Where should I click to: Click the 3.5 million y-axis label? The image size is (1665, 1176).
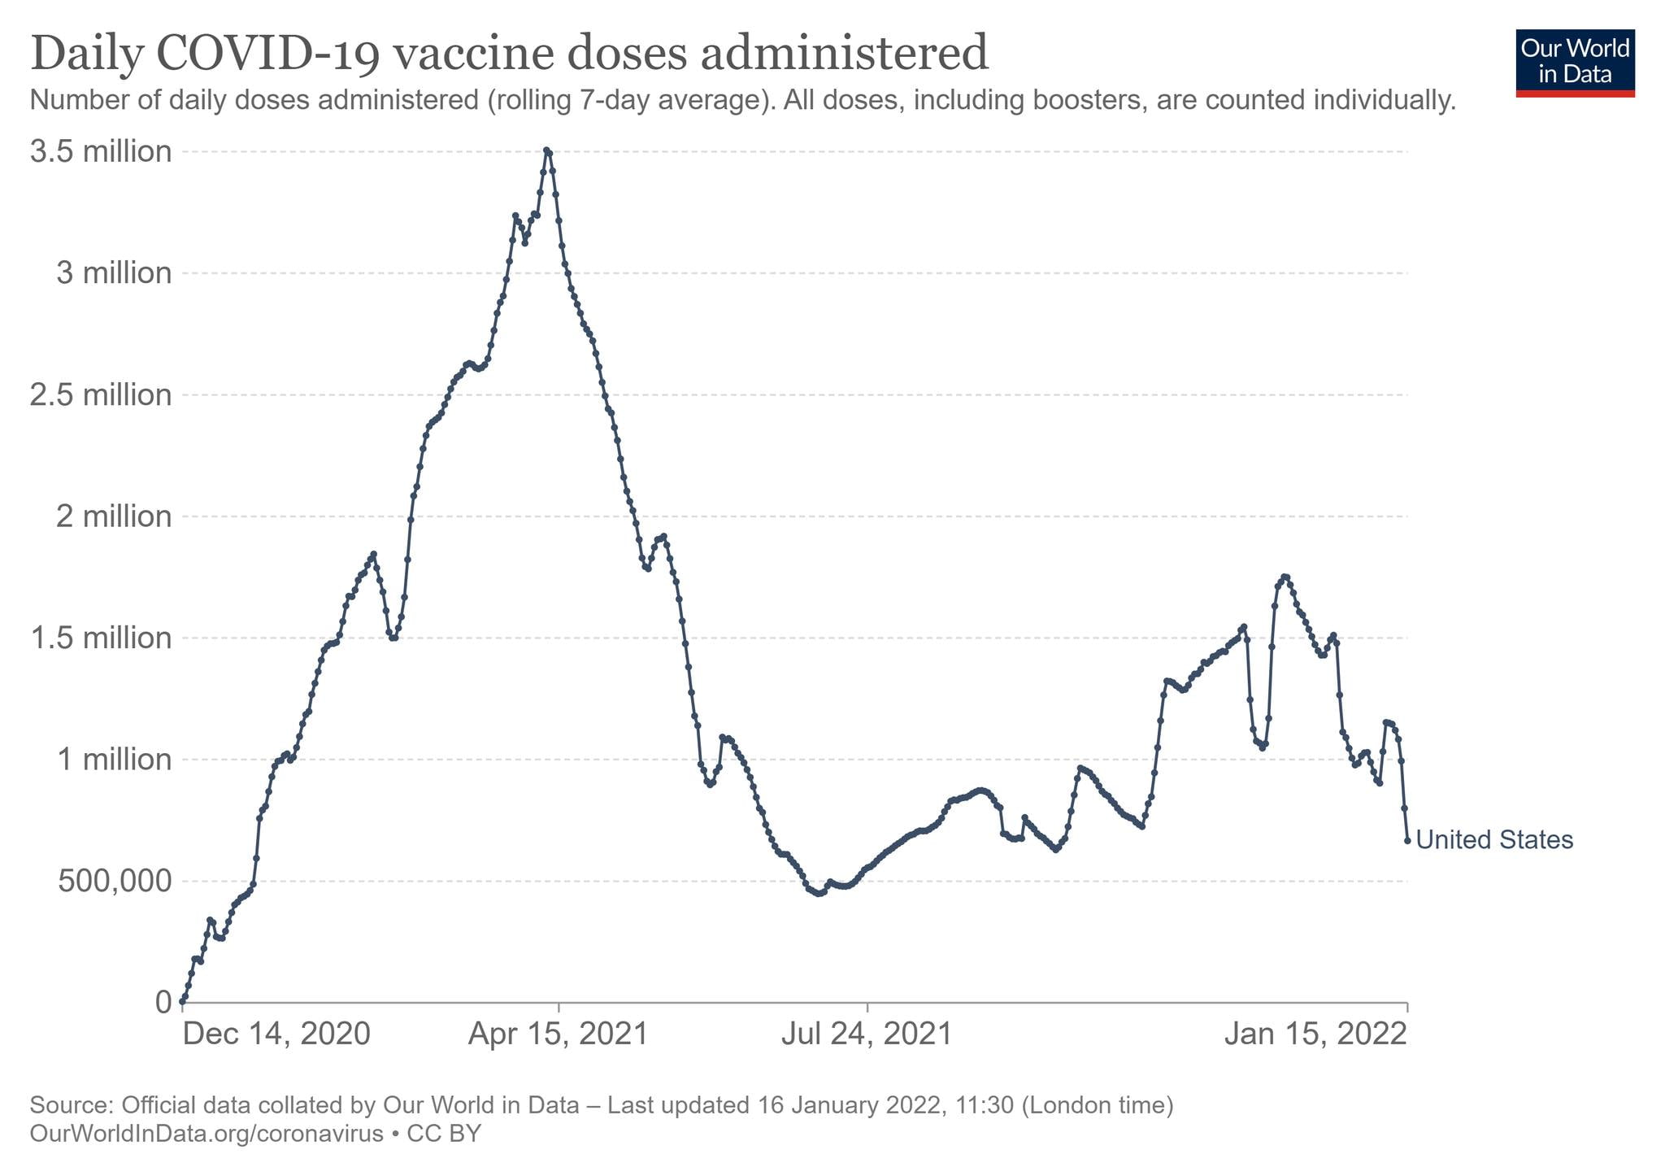pyautogui.click(x=102, y=152)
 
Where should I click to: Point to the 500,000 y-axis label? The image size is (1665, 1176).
pyautogui.click(x=115, y=881)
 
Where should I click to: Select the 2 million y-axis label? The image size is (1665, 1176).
pyautogui.click(x=115, y=516)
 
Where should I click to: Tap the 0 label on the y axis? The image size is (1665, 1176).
pyautogui.click(x=163, y=1002)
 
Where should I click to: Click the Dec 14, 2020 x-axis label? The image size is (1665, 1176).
pyautogui.click(x=276, y=1034)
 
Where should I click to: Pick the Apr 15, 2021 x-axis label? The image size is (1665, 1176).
pyautogui.click(x=559, y=1034)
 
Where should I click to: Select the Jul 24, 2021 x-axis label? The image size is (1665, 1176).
pyautogui.click(x=867, y=1034)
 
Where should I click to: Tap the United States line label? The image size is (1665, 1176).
pyautogui.click(x=1494, y=840)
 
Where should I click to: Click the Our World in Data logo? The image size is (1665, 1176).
pyautogui.click(x=1575, y=63)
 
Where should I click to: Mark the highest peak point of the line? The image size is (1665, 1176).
pyautogui.click(x=546, y=150)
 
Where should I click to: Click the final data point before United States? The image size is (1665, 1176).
pyautogui.click(x=1407, y=840)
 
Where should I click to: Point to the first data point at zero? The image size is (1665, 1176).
pyautogui.click(x=182, y=1001)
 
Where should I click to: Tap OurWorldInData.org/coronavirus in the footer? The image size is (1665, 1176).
pyautogui.click(x=206, y=1133)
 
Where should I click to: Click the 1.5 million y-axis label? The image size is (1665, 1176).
pyautogui.click(x=102, y=638)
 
